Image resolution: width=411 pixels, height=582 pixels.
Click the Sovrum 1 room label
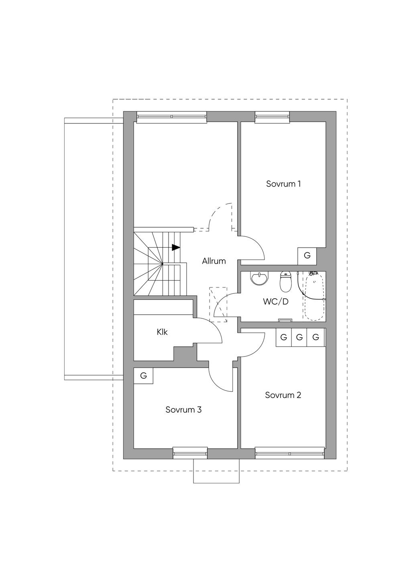tap(283, 184)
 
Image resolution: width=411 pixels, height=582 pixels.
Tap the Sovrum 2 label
tap(283, 395)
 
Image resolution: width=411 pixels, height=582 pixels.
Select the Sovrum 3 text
tap(183, 410)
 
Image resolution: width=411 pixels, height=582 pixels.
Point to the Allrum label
tap(214, 261)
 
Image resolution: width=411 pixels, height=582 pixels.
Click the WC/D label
tap(276, 302)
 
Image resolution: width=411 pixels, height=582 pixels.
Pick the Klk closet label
tap(162, 332)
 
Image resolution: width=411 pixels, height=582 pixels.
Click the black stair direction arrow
tap(176, 247)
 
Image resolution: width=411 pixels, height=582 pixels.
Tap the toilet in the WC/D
tap(285, 281)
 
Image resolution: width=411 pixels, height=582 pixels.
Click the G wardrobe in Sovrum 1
tap(307, 256)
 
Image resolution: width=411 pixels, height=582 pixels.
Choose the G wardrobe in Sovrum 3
tap(143, 376)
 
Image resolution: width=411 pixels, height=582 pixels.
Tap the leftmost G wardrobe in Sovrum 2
tap(284, 337)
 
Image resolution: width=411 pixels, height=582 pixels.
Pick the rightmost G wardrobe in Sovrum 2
tap(315, 337)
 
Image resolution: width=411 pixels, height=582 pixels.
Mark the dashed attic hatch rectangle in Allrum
tap(218, 305)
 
